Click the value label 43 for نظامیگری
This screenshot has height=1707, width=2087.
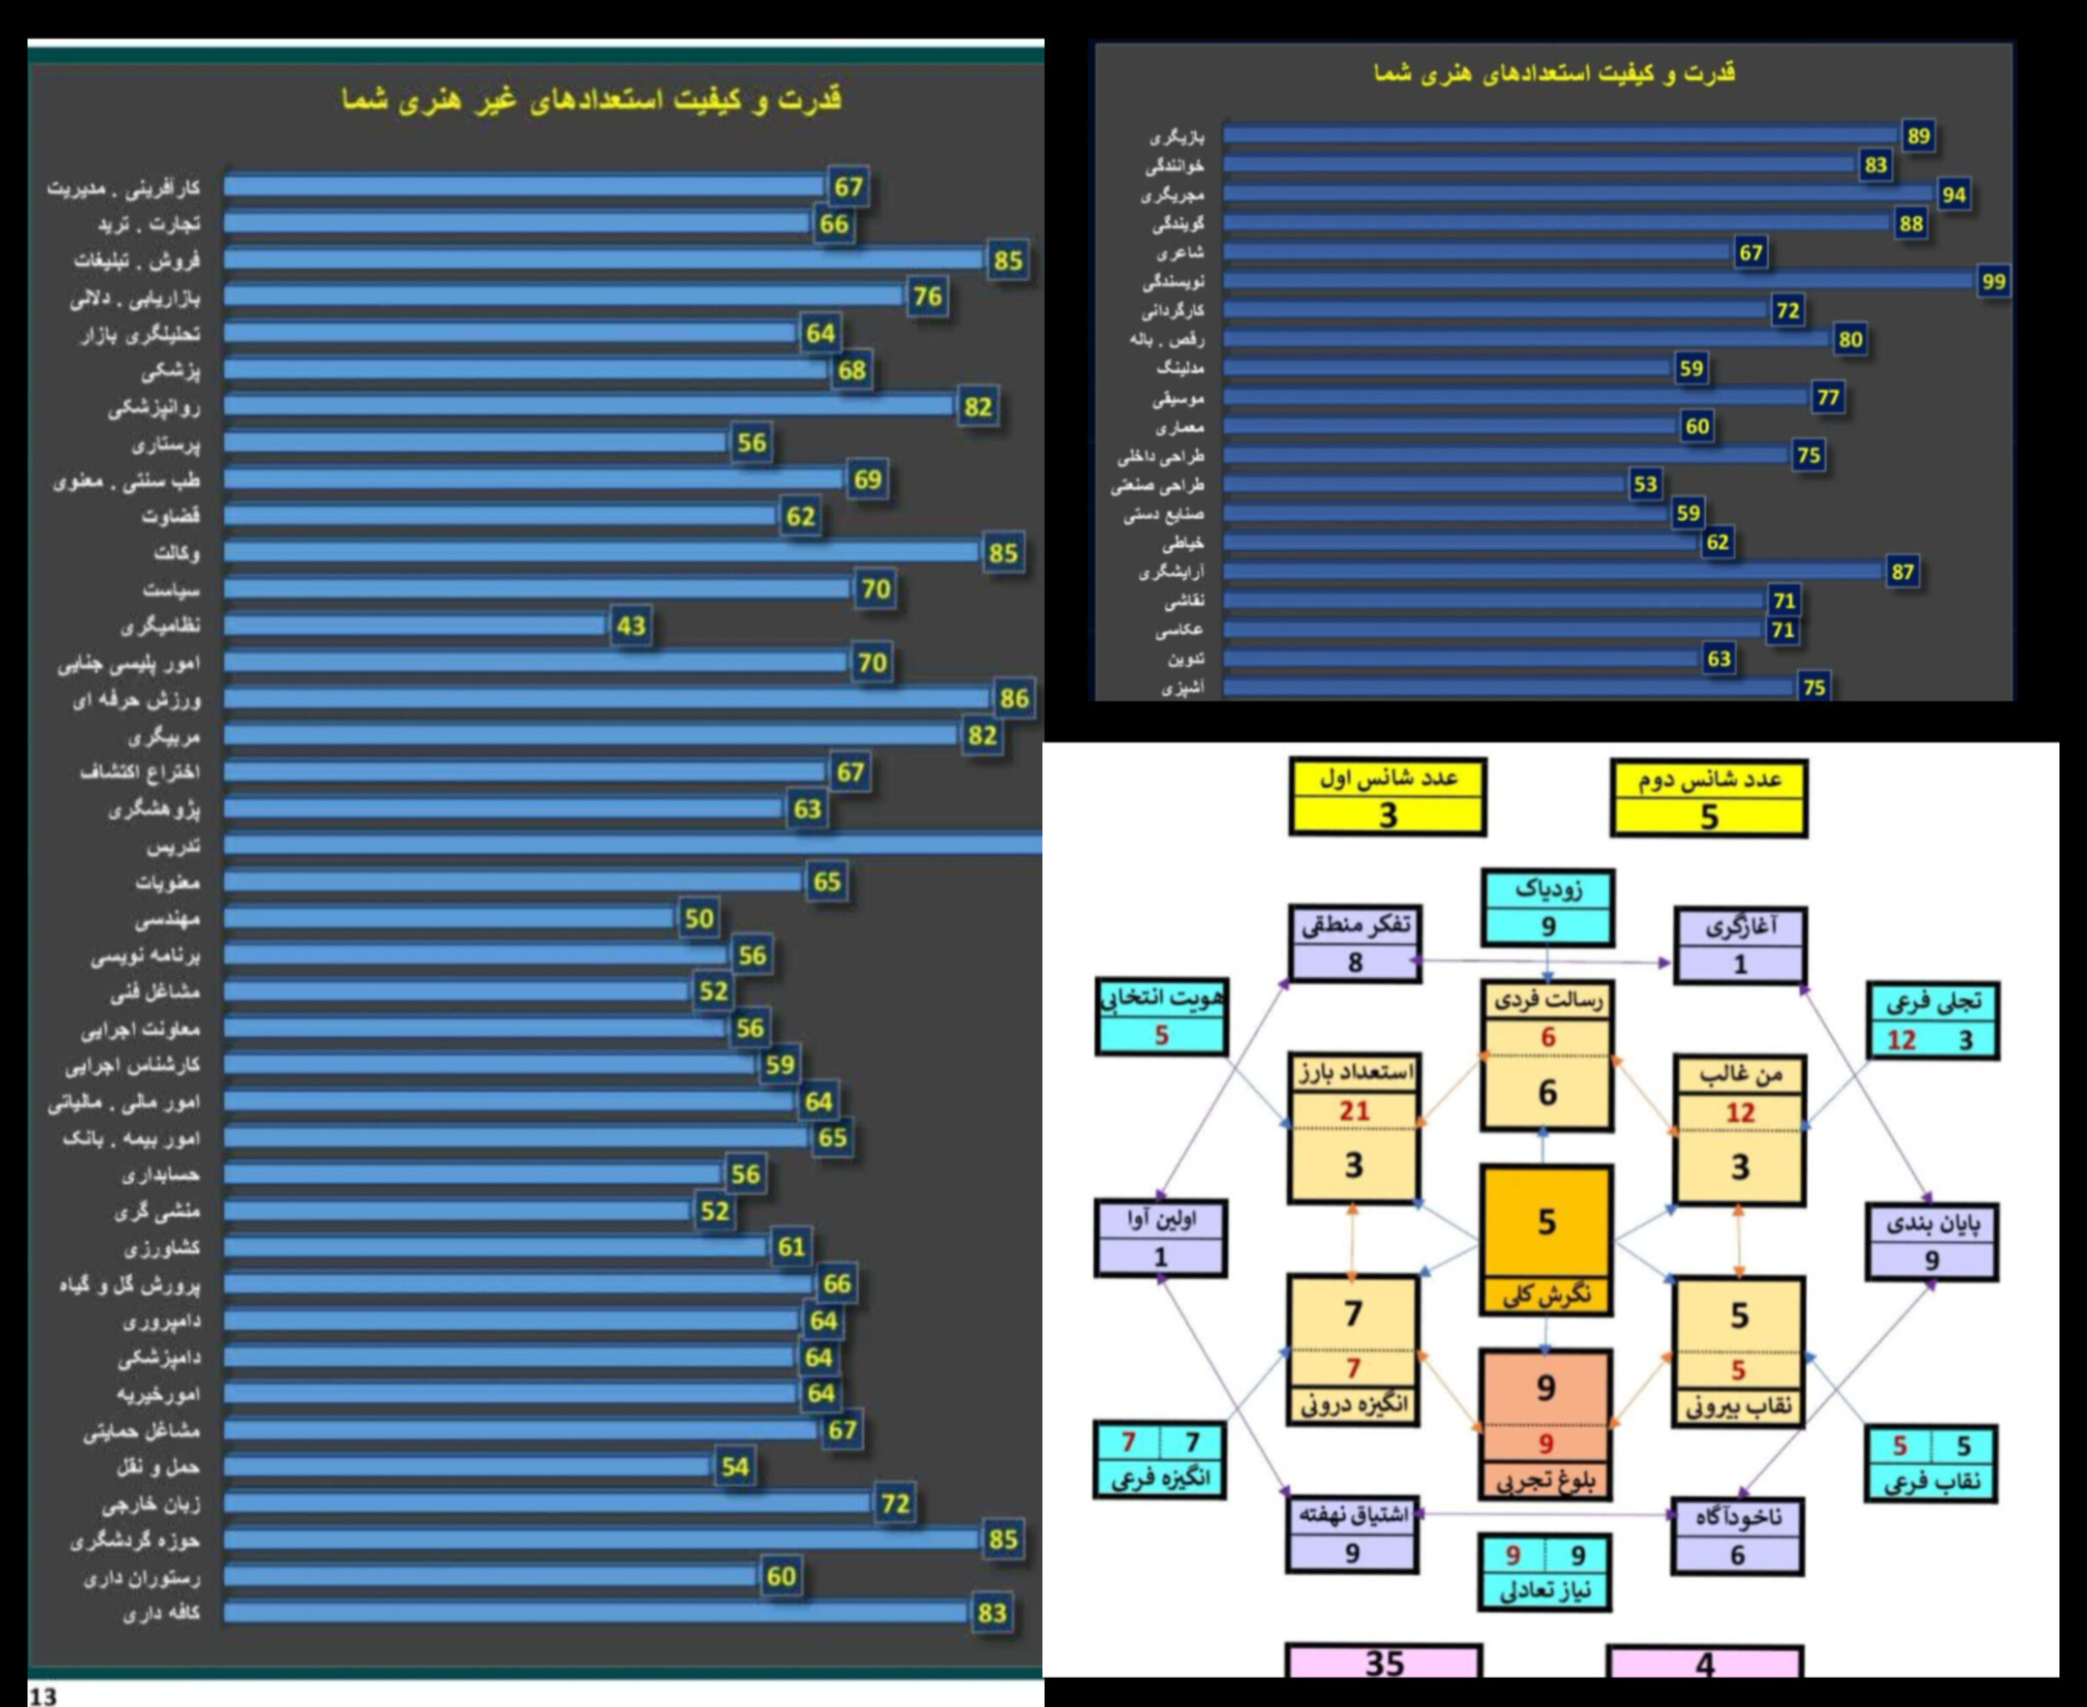tap(631, 625)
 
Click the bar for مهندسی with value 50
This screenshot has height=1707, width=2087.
tap(449, 919)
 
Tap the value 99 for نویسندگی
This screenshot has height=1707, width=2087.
tap(1993, 282)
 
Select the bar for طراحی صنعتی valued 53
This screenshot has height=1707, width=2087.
tap(1425, 485)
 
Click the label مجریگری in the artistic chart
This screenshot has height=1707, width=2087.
tap(1172, 195)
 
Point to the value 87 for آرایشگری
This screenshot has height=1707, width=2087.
tap(1902, 572)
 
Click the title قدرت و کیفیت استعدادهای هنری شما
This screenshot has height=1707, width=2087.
tap(1554, 73)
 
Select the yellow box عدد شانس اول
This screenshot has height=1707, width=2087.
tap(1387, 796)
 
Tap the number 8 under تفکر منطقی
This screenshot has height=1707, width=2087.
tap(1355, 963)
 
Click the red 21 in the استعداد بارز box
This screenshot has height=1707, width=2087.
tap(1354, 1111)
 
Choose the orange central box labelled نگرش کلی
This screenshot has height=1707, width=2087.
tap(1546, 1239)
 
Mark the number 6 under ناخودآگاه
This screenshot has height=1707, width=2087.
tap(1737, 1555)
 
